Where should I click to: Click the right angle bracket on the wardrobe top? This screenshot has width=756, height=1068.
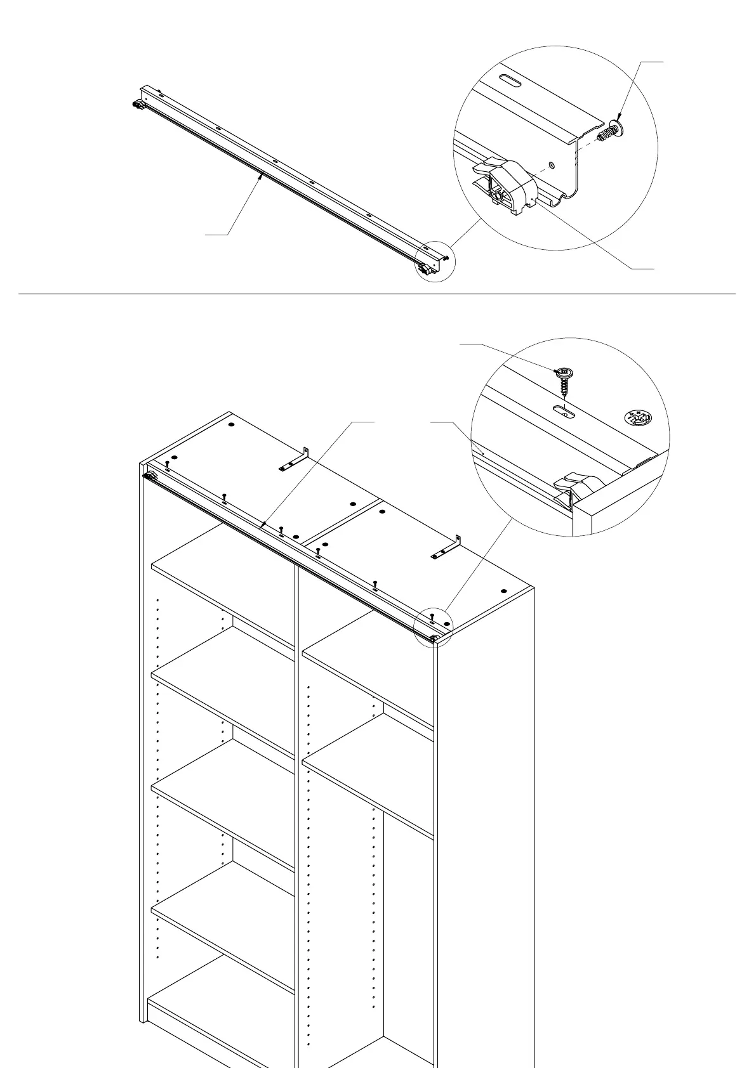(x=446, y=547)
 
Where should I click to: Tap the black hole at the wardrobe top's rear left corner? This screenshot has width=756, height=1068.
(x=231, y=424)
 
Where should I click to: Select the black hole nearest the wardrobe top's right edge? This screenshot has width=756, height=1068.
(x=504, y=591)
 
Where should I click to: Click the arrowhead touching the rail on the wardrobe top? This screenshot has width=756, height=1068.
(x=262, y=526)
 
